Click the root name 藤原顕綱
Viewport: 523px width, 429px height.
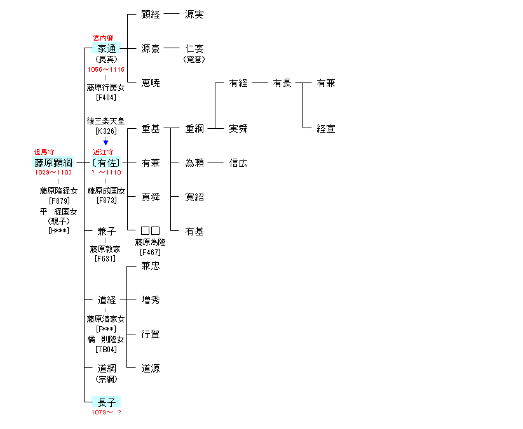pos(53,162)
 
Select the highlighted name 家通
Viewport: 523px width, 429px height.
pos(106,49)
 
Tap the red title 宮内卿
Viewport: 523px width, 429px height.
pos(103,38)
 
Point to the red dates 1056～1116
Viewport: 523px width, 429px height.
pos(105,69)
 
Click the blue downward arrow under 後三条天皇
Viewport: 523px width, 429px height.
pos(105,142)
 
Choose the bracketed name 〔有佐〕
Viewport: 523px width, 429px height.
pos(106,162)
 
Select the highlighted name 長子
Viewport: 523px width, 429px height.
pos(106,402)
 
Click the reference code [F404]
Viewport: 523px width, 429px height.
pos(106,98)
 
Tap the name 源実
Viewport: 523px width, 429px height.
pos(194,15)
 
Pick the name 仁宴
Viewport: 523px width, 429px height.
pos(194,49)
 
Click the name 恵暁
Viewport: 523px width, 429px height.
pos(151,83)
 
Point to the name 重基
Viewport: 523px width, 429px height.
pos(151,129)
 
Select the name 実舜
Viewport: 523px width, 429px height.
pos(238,129)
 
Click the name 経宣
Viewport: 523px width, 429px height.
pos(326,129)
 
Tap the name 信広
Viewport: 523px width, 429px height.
pos(238,163)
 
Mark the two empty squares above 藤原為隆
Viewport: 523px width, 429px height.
pos(151,230)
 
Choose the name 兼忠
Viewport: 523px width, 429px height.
pos(151,265)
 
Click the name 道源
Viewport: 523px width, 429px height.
pos(151,368)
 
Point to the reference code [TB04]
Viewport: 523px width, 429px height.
pos(106,350)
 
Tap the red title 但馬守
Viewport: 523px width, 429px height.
pos(44,152)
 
